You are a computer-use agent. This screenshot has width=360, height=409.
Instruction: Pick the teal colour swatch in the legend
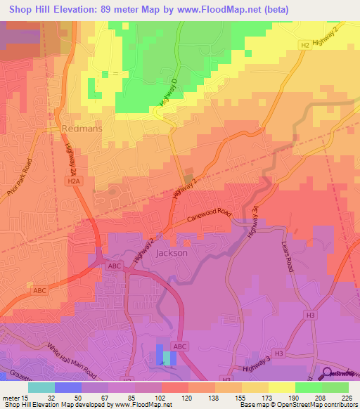pyautogui.click(x=41, y=387)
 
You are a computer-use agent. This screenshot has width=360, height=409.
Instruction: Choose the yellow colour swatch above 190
pyautogui.click(x=282, y=387)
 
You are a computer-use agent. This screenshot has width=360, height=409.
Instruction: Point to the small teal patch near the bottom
pyautogui.click(x=167, y=358)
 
